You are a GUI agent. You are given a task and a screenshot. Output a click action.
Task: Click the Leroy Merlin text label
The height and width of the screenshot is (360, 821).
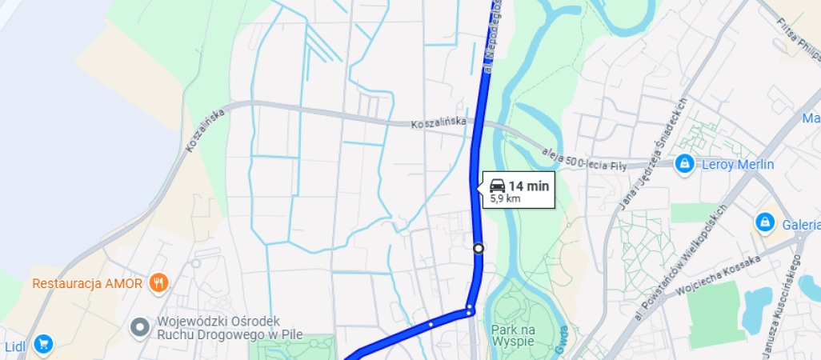[737, 164]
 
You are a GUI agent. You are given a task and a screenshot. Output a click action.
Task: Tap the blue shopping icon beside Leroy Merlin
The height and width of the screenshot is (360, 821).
[684, 163]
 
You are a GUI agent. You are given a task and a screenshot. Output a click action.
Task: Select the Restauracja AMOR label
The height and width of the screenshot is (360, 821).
[87, 283]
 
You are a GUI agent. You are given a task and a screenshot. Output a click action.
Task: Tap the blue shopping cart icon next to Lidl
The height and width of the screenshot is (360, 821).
[43, 344]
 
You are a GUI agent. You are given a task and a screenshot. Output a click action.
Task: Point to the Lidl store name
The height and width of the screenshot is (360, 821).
[15, 346]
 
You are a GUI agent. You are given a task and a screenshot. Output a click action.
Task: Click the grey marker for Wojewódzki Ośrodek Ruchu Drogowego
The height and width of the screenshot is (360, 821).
[141, 326]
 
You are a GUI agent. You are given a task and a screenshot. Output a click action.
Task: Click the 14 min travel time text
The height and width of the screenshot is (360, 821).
[529, 186]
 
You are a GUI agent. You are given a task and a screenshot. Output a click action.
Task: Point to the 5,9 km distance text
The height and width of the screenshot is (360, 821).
[505, 198]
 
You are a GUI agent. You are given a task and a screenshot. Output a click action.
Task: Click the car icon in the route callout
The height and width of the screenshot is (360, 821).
[497, 186]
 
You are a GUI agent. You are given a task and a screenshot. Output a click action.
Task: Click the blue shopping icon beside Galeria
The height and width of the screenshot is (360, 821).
[765, 221]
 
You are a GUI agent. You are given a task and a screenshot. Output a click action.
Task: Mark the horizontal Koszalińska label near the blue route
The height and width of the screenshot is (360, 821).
[438, 125]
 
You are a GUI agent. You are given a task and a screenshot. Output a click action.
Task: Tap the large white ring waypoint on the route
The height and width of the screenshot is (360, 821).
[479, 248]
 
